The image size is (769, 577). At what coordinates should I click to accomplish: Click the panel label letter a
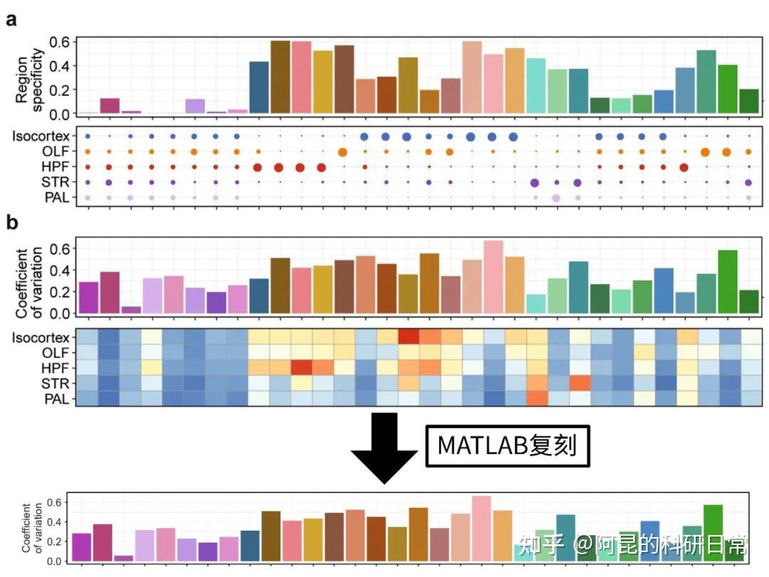pyautogui.click(x=11, y=19)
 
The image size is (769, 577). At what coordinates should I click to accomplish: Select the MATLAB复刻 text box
pyautogui.click(x=507, y=445)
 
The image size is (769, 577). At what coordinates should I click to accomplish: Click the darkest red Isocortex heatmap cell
pyautogui.click(x=408, y=336)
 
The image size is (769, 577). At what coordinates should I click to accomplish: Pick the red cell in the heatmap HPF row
pyautogui.click(x=301, y=367)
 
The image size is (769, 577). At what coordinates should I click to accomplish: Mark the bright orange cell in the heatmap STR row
pyautogui.click(x=579, y=383)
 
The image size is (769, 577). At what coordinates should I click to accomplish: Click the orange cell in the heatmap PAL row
pyautogui.click(x=536, y=398)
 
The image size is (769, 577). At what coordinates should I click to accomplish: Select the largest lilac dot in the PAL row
pyautogui.click(x=556, y=198)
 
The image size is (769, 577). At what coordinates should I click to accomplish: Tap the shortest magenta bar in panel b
pyautogui.click(x=131, y=309)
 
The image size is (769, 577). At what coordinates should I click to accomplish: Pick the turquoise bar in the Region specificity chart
pyautogui.click(x=535, y=86)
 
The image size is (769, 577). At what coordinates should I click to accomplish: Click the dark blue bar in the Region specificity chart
pyautogui.click(x=258, y=88)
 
